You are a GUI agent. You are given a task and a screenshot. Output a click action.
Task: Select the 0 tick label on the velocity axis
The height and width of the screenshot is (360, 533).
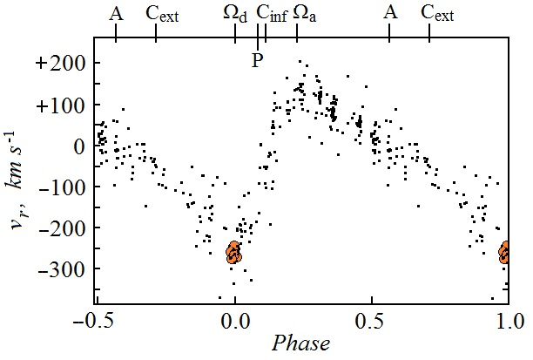pos(76,146)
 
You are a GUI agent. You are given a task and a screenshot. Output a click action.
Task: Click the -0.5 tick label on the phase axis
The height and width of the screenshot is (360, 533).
pos(95,320)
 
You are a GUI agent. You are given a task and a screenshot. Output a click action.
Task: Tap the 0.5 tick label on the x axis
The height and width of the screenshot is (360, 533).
pos(372,320)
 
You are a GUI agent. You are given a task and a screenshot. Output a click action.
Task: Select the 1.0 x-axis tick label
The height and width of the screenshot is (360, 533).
pos(508,320)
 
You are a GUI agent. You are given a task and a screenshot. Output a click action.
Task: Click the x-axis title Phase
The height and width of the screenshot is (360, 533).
pos(300,343)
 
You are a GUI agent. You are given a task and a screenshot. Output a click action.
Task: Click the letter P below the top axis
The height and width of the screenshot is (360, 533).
pos(257,60)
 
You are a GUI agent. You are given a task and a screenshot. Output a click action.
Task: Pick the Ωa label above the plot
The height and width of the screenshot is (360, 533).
pos(305,14)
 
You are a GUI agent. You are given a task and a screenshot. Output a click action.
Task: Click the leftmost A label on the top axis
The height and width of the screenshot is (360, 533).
pos(117,12)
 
